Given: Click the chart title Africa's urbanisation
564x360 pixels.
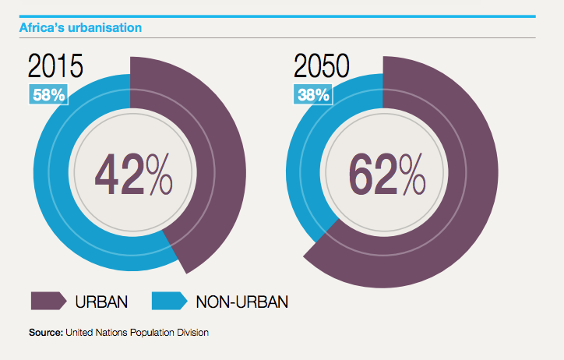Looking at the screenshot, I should tap(80, 27).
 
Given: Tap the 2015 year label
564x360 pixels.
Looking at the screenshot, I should tap(56, 67).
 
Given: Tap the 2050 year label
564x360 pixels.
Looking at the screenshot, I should tap(322, 67).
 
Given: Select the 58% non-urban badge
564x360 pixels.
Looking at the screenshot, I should tap(49, 95).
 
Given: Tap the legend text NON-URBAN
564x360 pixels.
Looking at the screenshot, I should tap(242, 302).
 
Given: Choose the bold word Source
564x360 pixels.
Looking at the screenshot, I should tap(45, 333).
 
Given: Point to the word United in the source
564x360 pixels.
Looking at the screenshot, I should tap(79, 333).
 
